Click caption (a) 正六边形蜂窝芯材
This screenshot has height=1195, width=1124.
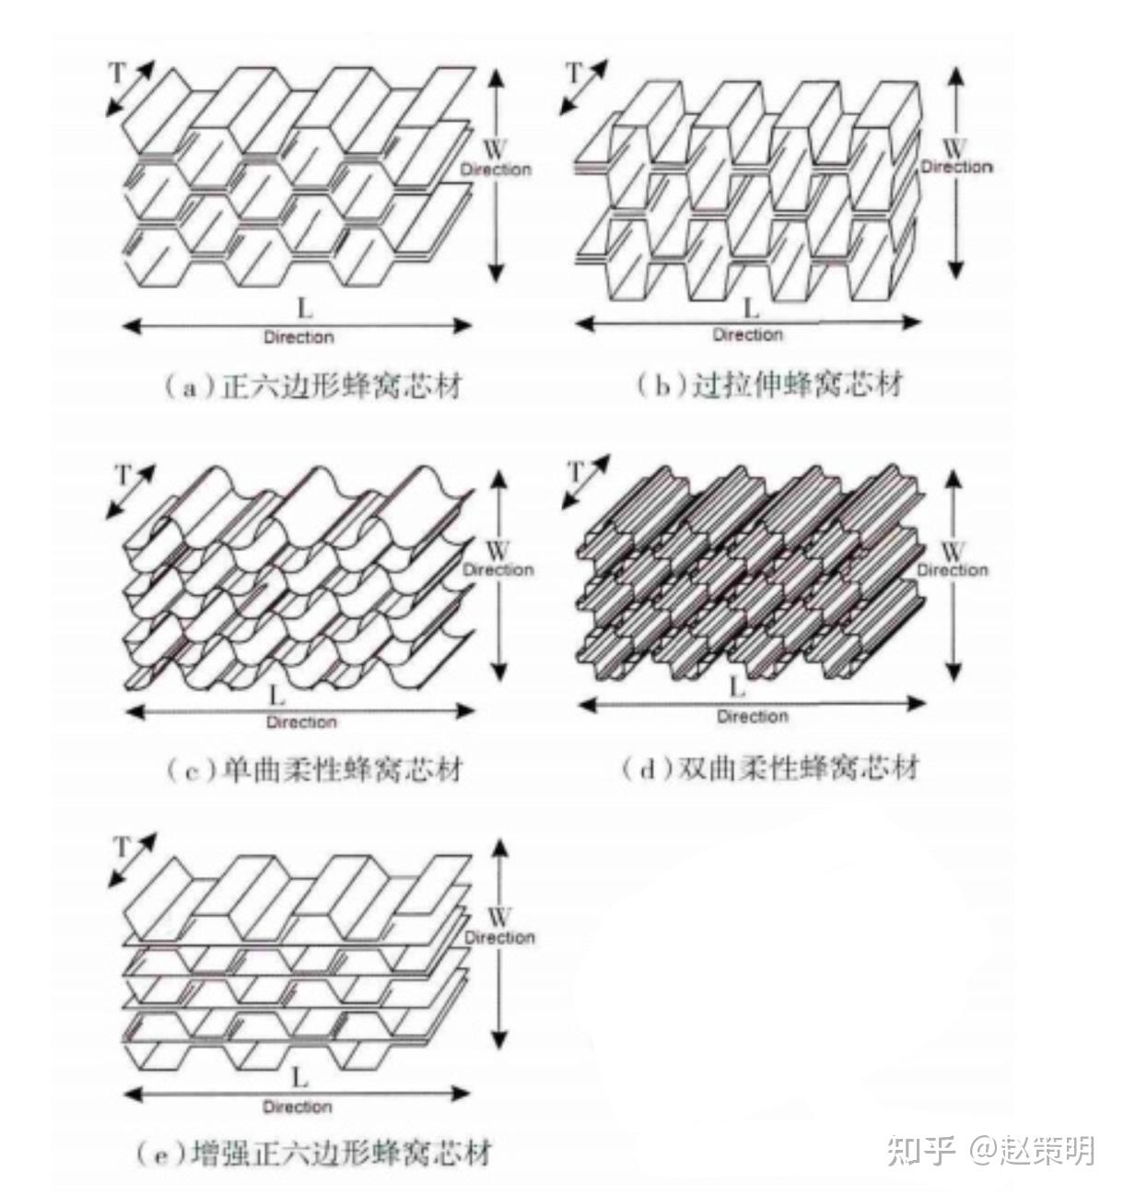pos(312,386)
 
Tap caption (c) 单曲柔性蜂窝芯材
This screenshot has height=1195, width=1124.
pos(315,770)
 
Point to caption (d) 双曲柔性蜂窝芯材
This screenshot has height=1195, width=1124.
pos(770,768)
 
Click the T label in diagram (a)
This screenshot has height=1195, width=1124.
pos(117,74)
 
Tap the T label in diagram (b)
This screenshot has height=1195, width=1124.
pos(575,74)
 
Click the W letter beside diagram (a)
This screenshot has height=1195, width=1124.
pos(496,149)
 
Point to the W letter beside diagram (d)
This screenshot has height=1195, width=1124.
pos(953,551)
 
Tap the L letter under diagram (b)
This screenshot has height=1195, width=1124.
pos(750,309)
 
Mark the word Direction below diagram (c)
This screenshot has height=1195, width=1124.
pos(301,722)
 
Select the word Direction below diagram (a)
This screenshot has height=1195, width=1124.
pos(299,337)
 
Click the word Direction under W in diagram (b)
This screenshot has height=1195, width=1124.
pos(956,167)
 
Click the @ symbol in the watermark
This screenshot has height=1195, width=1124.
pos(983,1151)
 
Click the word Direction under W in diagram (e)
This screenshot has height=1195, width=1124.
pos(500,937)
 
